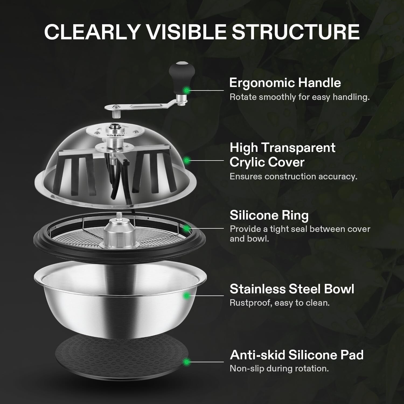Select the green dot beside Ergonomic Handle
pos(186,90)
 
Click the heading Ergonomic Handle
pos(285,83)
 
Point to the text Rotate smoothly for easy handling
pos(299,97)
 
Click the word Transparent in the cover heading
pos(298,148)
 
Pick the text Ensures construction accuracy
pos(293,176)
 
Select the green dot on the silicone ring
pos(186,228)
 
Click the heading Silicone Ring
pos(269,215)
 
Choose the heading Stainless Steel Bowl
pos(292,289)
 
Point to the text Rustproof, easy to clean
pos(280,303)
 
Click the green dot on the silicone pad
pos(186,362)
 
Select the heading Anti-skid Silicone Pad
pos(297,355)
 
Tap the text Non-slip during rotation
pos(279,368)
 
